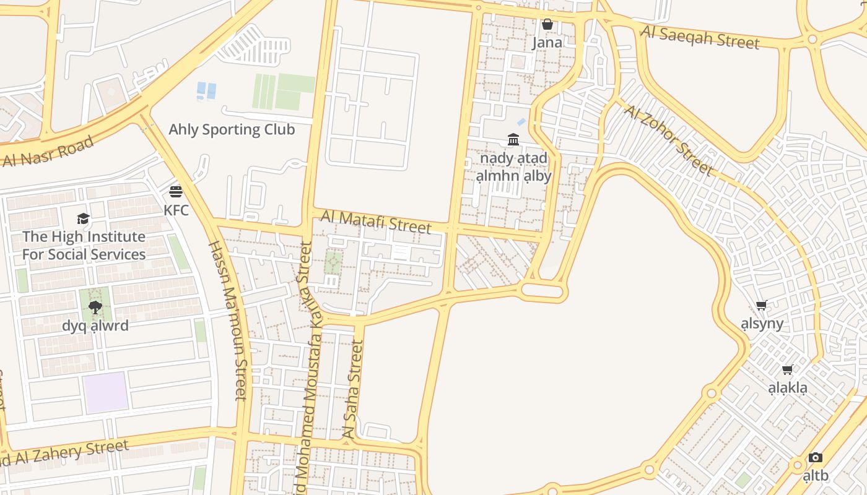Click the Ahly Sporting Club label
[x=232, y=129]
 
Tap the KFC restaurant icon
[x=176, y=191]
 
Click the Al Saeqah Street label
[x=700, y=37]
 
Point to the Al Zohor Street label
[x=668, y=139]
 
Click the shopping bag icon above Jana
[x=547, y=25]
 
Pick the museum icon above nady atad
[x=513, y=140]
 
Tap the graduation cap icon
[x=83, y=218]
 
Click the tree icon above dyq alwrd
[x=95, y=307]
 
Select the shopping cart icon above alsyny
[x=762, y=305]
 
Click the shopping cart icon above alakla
[x=788, y=370]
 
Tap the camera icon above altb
[x=816, y=458]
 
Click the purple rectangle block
[x=106, y=392]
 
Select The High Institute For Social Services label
[x=84, y=246]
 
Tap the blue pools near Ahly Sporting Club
[x=206, y=91]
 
